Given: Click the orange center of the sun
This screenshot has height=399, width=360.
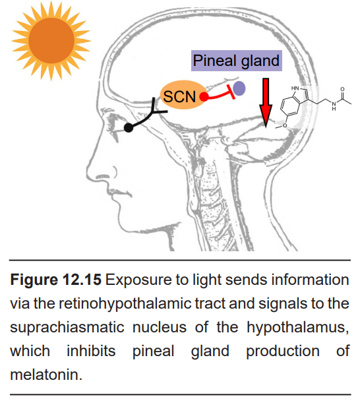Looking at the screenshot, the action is point(51,40).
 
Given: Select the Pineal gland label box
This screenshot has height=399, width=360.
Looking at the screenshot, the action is point(237,61).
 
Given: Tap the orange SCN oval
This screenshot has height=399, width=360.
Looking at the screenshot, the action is point(183,95).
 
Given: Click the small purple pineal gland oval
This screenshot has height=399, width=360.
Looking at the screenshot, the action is point(239,88).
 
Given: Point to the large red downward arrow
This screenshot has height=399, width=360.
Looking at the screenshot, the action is point(266,102).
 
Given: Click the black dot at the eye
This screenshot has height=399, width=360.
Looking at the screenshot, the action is point(129,127).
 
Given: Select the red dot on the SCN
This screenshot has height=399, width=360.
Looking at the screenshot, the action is point(204,97).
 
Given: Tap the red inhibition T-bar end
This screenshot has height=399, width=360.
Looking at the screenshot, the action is point(231,92).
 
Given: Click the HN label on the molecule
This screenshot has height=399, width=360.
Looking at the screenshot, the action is point(295,88).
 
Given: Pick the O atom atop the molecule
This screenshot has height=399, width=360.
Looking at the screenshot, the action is point(342,89).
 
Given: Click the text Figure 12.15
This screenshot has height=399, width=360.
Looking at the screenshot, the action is point(56,280).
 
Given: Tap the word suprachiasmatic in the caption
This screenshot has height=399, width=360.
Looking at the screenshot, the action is point(67,327).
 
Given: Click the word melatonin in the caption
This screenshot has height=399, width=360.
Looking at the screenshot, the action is point(46,375).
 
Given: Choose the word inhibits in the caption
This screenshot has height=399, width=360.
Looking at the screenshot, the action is point(91,351).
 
